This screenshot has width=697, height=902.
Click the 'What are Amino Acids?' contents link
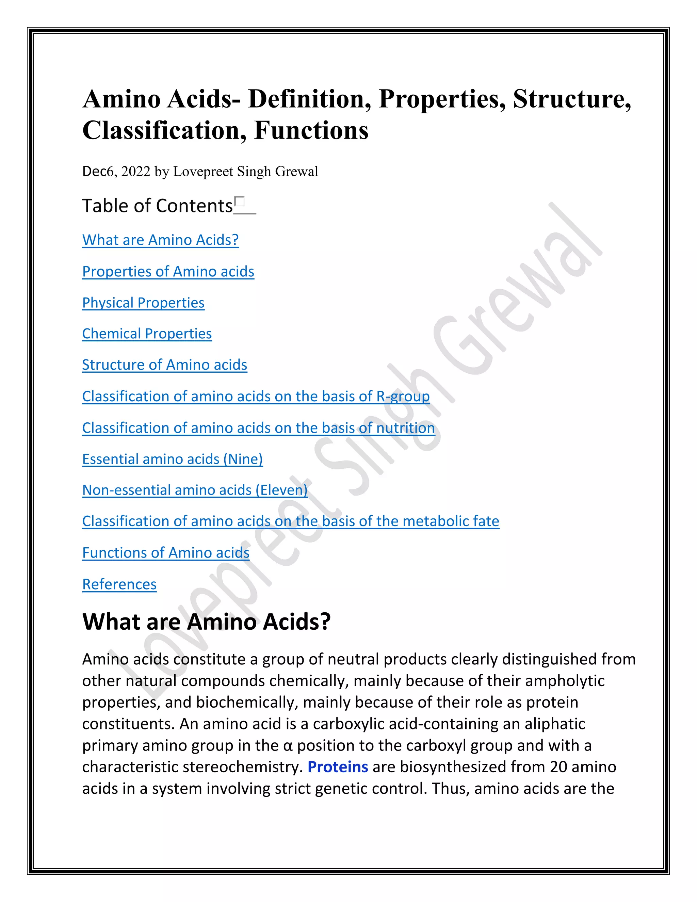(x=160, y=240)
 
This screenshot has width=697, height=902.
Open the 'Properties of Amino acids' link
(x=168, y=271)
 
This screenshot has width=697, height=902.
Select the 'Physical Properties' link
(x=143, y=303)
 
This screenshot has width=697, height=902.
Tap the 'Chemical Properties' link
(x=147, y=334)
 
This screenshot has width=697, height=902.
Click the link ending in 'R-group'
(x=256, y=397)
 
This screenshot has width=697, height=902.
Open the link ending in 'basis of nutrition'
(x=259, y=428)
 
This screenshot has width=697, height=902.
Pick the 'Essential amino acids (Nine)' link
(x=172, y=459)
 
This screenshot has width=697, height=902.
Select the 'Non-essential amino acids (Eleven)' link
(x=195, y=490)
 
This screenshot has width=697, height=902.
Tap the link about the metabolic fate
(x=291, y=521)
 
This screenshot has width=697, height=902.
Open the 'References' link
(x=119, y=584)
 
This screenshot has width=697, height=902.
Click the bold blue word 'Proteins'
(x=338, y=767)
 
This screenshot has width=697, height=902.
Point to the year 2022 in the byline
(x=135, y=172)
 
